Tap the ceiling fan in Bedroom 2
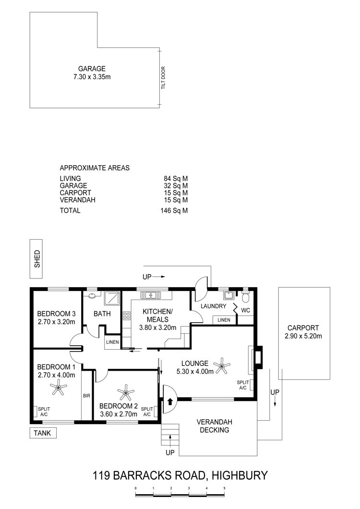click(x=126, y=392)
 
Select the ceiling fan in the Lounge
click(x=222, y=366)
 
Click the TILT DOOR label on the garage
click(x=163, y=78)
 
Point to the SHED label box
click(x=36, y=259)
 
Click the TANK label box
click(x=43, y=433)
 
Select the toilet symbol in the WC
click(x=245, y=296)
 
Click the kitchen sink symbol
click(x=151, y=295)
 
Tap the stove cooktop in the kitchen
click(x=127, y=316)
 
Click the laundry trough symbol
click(x=228, y=295)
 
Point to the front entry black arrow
click(x=169, y=401)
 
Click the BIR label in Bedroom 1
click(x=87, y=396)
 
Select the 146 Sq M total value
click(x=174, y=210)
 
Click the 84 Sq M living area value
click(x=176, y=179)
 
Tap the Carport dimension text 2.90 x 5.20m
click(x=303, y=336)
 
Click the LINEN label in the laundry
click(x=224, y=320)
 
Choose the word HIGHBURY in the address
click(x=240, y=475)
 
